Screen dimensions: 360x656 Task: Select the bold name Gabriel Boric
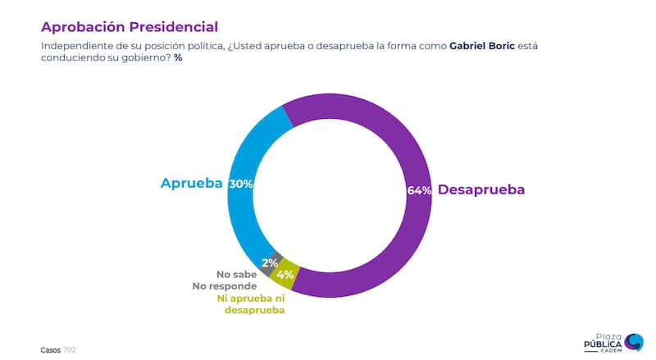[x=484, y=47]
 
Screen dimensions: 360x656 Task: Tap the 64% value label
[x=419, y=190]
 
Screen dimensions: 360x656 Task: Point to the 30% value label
[x=240, y=184]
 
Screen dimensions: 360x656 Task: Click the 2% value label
[x=269, y=264]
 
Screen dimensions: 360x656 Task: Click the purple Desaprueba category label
[x=481, y=189]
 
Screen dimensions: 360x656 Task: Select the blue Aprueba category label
[x=191, y=184]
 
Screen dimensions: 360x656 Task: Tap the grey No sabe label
[x=235, y=274]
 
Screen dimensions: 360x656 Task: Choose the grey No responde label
[x=225, y=286]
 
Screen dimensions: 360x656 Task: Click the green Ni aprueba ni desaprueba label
[x=250, y=304]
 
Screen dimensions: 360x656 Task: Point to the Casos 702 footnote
[x=58, y=349]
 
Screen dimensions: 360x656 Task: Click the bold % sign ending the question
[x=178, y=58]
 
